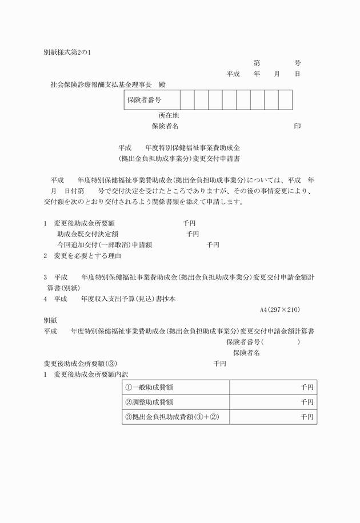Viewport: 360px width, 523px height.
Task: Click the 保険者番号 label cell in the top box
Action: tap(144, 100)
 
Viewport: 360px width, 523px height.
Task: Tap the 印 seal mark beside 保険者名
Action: tap(297, 126)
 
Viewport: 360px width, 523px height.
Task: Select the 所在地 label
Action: tap(169, 115)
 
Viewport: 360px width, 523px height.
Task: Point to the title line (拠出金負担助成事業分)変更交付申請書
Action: tap(180, 158)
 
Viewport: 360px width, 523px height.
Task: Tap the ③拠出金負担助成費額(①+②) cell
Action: tap(172, 417)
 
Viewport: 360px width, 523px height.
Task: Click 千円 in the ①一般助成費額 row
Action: tap(307, 388)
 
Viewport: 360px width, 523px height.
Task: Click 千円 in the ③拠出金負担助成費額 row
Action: tap(307, 417)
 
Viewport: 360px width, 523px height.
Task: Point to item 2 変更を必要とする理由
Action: tap(82, 255)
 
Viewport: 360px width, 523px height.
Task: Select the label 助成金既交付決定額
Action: tap(87, 234)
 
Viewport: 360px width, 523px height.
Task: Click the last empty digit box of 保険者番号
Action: tap(285, 100)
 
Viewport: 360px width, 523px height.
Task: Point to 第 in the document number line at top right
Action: tap(257, 63)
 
